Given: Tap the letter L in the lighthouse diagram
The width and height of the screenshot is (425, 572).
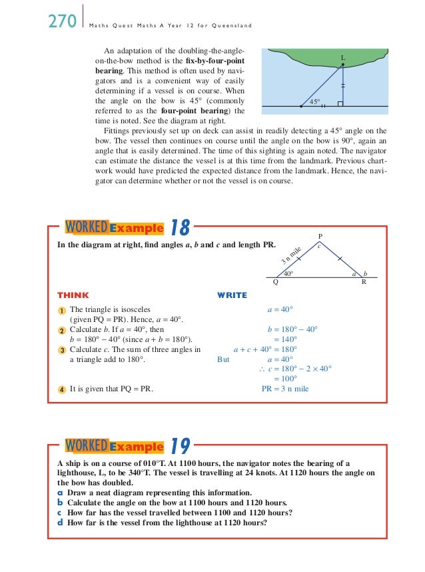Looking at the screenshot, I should click(x=343, y=59).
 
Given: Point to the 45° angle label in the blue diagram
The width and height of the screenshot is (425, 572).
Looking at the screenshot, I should click(x=316, y=101).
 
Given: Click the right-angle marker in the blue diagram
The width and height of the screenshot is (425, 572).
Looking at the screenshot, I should click(x=340, y=104).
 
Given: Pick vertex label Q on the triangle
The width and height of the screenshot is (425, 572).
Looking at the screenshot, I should click(x=276, y=282).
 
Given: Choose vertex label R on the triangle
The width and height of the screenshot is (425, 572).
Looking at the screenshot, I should click(x=364, y=282).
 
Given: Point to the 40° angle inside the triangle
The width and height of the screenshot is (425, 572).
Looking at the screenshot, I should click(x=288, y=273).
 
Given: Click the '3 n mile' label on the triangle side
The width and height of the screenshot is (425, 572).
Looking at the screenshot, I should click(x=291, y=254).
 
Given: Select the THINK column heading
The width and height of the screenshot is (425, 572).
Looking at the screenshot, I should click(x=73, y=295).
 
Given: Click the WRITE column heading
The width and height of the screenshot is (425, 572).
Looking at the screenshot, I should click(x=232, y=295).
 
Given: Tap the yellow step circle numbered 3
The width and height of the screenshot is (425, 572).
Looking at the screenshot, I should click(x=61, y=349).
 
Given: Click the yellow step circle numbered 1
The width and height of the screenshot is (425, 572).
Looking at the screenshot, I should click(x=61, y=310).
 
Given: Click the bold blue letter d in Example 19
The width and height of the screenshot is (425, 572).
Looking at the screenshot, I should click(x=61, y=523).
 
